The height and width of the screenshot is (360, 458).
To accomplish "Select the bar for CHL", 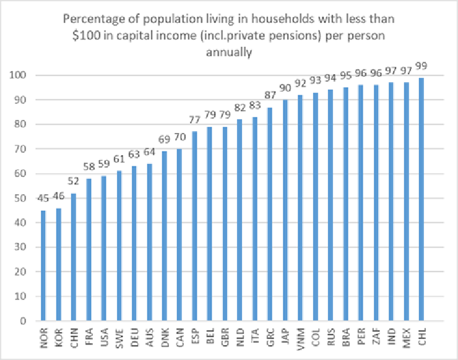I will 421,199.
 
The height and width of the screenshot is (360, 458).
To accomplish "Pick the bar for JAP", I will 285,210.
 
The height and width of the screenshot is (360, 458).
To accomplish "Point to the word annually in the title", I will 229,53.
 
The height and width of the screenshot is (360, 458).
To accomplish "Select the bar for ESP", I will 194,226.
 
